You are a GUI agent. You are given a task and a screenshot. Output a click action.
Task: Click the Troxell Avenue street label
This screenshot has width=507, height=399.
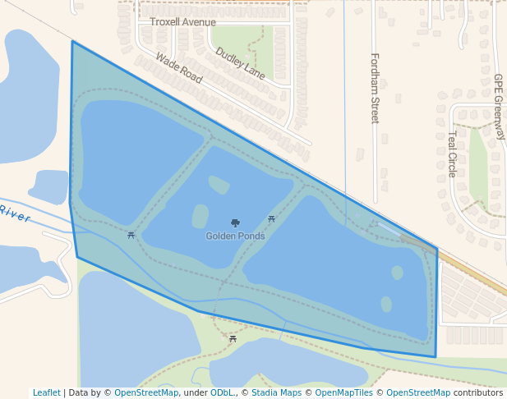(182, 22)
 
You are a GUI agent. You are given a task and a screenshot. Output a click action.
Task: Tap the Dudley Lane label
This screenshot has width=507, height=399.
(240, 63)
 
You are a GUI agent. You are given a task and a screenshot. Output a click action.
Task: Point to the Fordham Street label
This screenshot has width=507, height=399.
(375, 88)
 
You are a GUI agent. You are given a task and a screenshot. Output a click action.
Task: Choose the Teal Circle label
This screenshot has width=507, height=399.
(452, 154)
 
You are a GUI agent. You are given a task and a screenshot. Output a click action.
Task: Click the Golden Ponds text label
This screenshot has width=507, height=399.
(235, 236)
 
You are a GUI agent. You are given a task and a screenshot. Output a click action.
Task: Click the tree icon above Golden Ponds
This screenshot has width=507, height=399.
(235, 223)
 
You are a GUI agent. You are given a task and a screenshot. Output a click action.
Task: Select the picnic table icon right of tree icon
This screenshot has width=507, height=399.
(271, 219)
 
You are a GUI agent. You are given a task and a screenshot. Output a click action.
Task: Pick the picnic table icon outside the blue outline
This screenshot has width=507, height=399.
(233, 338)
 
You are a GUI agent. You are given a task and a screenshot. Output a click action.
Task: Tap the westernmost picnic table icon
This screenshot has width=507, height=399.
(131, 236)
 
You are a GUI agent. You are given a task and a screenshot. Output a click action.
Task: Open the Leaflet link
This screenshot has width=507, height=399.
(46, 393)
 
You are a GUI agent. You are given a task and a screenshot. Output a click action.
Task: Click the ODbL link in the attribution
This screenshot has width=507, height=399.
(222, 393)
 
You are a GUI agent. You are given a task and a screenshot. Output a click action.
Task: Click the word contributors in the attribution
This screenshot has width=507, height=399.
(478, 393)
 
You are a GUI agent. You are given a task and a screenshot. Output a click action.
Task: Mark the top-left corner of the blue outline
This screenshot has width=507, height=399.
(72, 41)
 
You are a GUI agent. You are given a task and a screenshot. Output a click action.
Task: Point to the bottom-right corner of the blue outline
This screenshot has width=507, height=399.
(436, 357)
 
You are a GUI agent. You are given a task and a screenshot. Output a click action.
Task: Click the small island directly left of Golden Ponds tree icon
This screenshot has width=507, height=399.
(200, 217)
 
